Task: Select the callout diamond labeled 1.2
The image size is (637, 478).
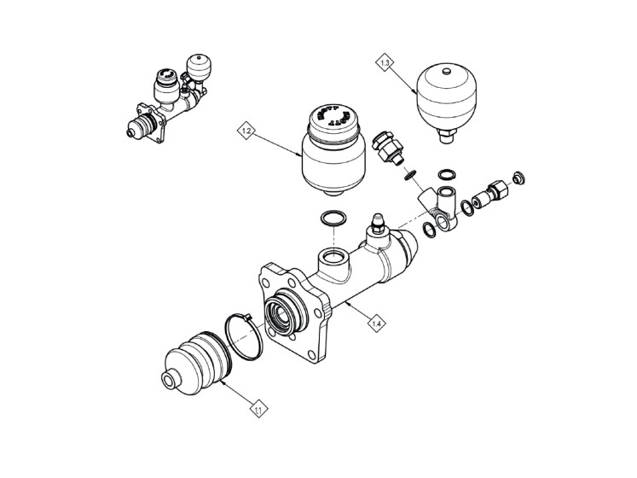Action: point(246,131)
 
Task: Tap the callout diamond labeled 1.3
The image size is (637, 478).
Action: point(386,62)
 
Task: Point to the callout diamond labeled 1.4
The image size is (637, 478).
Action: point(376,322)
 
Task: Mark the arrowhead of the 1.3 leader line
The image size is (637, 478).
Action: point(415,92)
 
